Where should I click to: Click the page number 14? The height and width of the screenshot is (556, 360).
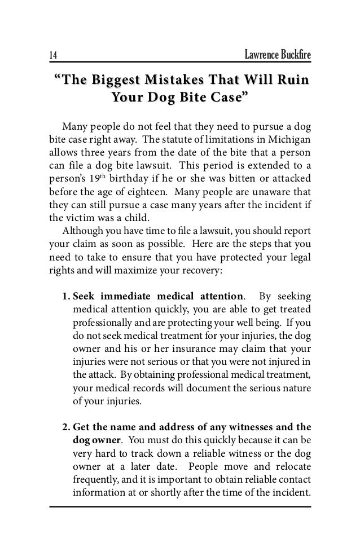click(52, 55)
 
